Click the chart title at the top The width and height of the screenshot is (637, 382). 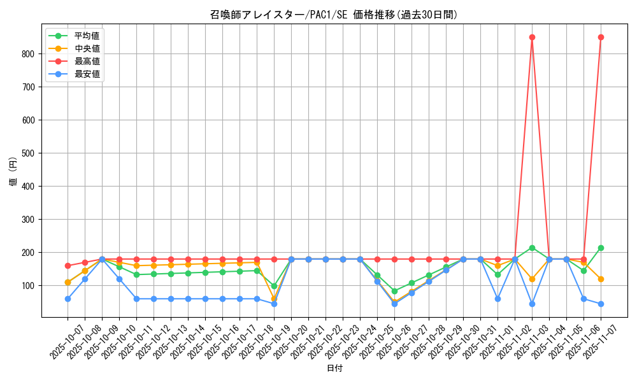[x=334, y=15]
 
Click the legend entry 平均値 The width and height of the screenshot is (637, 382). [x=87, y=36]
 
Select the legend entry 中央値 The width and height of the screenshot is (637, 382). [x=87, y=48]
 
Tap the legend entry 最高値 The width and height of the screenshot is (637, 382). [x=87, y=61]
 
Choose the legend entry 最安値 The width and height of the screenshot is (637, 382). [x=87, y=74]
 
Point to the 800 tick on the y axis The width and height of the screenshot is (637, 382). [x=29, y=54]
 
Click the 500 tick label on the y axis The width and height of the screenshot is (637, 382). [x=29, y=153]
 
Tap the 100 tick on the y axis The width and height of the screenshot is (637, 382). [x=29, y=286]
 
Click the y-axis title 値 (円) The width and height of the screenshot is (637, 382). [x=13, y=172]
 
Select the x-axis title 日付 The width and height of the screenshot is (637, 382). [x=334, y=369]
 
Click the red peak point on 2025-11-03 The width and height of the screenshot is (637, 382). [x=532, y=37]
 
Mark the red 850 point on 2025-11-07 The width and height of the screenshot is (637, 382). [x=601, y=37]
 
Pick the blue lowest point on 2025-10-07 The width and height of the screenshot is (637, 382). [x=68, y=299]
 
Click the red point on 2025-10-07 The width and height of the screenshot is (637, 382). [x=68, y=265]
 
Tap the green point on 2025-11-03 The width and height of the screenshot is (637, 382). [x=532, y=248]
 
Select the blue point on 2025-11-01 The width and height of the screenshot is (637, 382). [x=497, y=299]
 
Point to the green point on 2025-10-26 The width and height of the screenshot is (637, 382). [x=394, y=291]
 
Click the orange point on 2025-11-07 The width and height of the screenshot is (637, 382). [x=601, y=279]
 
